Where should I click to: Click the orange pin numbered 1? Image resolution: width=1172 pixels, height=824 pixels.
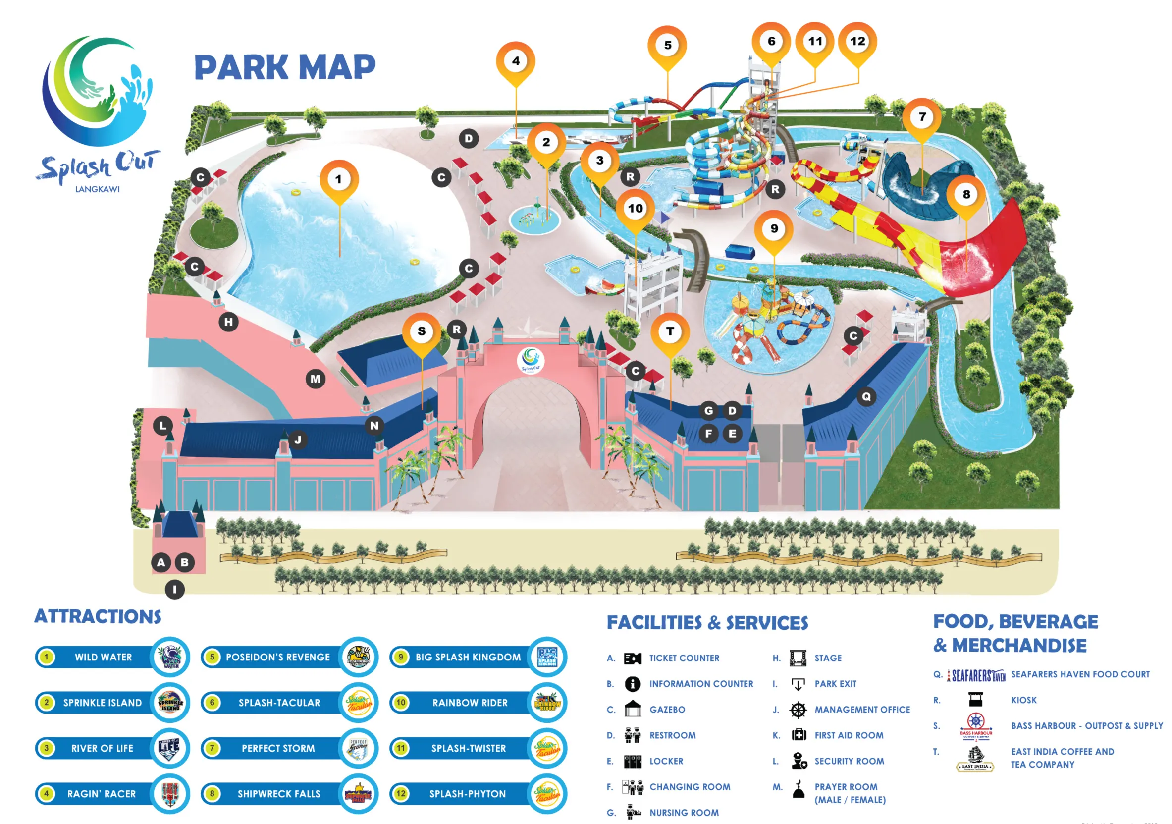[x=339, y=179]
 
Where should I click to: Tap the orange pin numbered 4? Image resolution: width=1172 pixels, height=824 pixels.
[x=516, y=61]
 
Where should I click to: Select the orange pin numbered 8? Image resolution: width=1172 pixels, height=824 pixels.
[x=966, y=194]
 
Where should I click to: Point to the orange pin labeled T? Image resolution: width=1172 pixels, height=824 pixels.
[x=670, y=331]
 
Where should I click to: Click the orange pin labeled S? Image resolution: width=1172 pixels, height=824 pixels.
[x=422, y=331]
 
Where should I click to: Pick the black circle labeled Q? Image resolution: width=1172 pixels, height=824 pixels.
[x=866, y=396]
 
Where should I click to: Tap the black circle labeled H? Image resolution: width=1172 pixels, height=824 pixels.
[x=228, y=322]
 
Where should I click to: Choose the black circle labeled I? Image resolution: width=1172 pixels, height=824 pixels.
[x=174, y=590]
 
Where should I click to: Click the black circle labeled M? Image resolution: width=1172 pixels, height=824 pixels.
[x=316, y=379]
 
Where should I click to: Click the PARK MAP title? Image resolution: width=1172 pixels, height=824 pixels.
[x=285, y=67]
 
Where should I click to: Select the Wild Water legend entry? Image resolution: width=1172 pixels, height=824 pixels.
[x=104, y=657]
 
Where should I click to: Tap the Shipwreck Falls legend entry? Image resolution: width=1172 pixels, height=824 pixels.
[x=279, y=794]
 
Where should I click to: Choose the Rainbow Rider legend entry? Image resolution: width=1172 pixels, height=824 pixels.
[x=470, y=703]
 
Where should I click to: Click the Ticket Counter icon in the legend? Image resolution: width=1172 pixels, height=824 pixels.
[x=633, y=659]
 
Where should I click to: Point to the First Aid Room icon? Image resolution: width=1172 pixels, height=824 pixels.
[x=799, y=735]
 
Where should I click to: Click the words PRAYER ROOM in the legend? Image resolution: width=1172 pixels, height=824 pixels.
[x=846, y=787]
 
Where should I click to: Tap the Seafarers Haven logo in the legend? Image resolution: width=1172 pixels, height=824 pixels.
[x=976, y=675]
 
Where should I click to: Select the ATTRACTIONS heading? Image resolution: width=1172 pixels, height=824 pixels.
[x=98, y=617]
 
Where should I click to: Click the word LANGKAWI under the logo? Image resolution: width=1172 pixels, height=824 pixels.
[x=97, y=189]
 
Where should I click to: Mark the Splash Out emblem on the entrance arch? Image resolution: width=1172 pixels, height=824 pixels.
[x=531, y=360]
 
